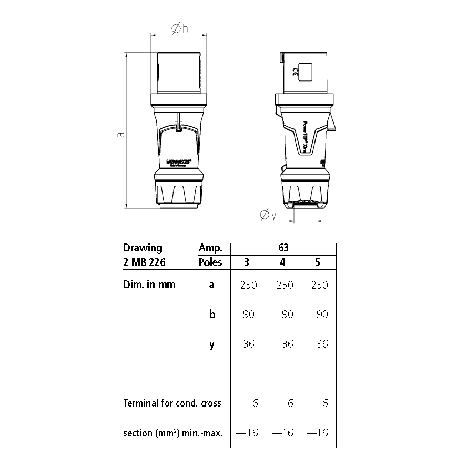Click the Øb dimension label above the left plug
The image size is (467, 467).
[179, 29]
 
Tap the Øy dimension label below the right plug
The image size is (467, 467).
[267, 215]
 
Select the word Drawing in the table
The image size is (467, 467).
[143, 248]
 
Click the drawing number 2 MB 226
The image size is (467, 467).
[144, 262]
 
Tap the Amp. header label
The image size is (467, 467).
[210, 248]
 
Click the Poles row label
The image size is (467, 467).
[210, 262]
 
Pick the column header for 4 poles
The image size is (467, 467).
[282, 262]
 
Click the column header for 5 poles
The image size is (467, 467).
[317, 262]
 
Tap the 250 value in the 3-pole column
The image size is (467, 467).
[248, 285]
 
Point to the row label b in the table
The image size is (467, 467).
[212, 314]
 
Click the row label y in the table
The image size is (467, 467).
[212, 345]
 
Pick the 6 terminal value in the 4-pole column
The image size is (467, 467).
[290, 403]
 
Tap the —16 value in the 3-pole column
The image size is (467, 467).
[247, 433]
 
